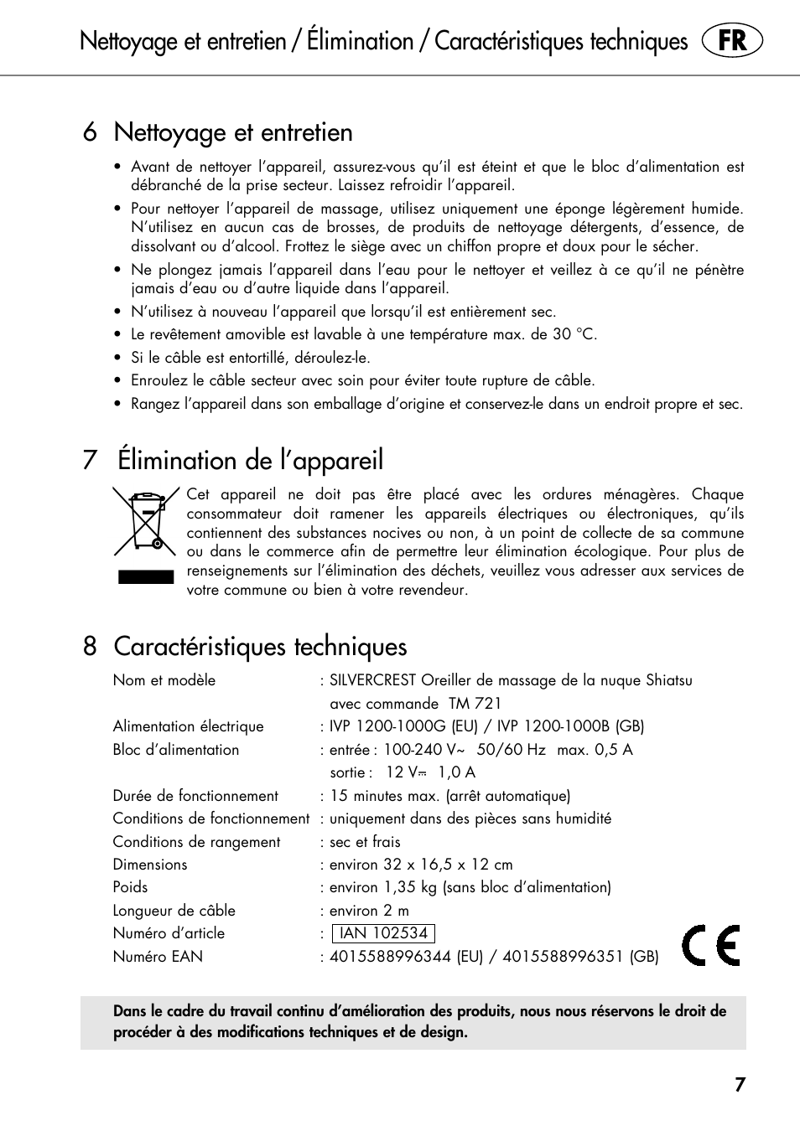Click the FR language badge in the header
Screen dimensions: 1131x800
(x=732, y=41)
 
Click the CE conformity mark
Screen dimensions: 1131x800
(x=711, y=946)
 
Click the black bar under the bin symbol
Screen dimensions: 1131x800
(x=146, y=576)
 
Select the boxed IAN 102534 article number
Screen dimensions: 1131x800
(x=383, y=933)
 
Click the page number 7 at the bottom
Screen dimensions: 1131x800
(x=740, y=1085)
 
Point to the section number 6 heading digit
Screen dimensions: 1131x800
(x=90, y=132)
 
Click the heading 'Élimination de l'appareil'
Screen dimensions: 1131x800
(x=250, y=460)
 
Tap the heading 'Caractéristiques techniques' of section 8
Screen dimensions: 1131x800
(x=260, y=647)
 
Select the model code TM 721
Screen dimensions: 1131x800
(x=475, y=704)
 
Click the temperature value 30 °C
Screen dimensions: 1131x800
(x=574, y=334)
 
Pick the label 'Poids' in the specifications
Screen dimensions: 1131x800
(x=130, y=887)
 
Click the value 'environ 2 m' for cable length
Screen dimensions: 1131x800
(x=369, y=911)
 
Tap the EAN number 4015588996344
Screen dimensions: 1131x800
(x=390, y=957)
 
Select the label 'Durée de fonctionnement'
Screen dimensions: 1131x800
(x=195, y=796)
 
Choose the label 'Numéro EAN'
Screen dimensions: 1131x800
(x=158, y=957)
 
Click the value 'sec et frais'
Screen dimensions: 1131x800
(x=365, y=842)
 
